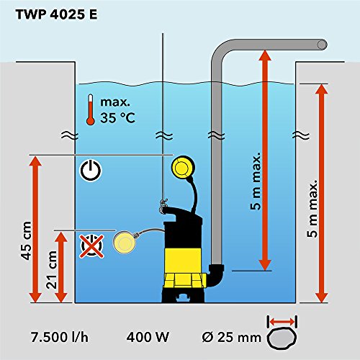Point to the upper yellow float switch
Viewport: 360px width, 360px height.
pos(183,168)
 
